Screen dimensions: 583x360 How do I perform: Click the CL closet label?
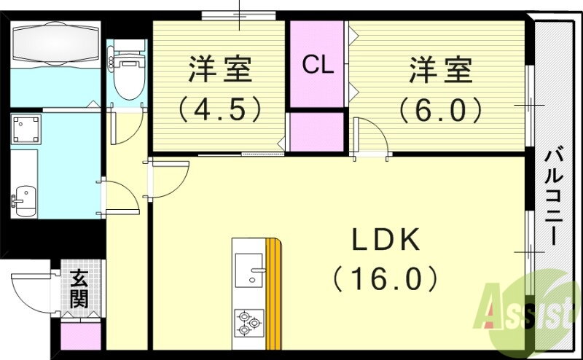click(317, 65)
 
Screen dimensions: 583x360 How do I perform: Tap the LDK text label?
click(386, 240)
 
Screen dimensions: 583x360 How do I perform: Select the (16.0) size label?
click(386, 278)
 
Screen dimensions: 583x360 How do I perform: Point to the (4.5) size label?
click(220, 109)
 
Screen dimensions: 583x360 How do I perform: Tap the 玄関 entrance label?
click(79, 289)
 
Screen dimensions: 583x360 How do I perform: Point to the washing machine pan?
click(26, 130)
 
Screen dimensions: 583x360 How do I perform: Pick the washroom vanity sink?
click(24, 201)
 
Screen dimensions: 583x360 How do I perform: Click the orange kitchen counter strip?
click(273, 294)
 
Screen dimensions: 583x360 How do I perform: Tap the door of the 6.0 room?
click(371, 136)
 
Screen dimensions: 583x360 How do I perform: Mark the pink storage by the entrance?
click(81, 337)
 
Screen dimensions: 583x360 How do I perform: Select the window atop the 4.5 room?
click(239, 15)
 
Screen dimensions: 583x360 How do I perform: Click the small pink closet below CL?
click(317, 132)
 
